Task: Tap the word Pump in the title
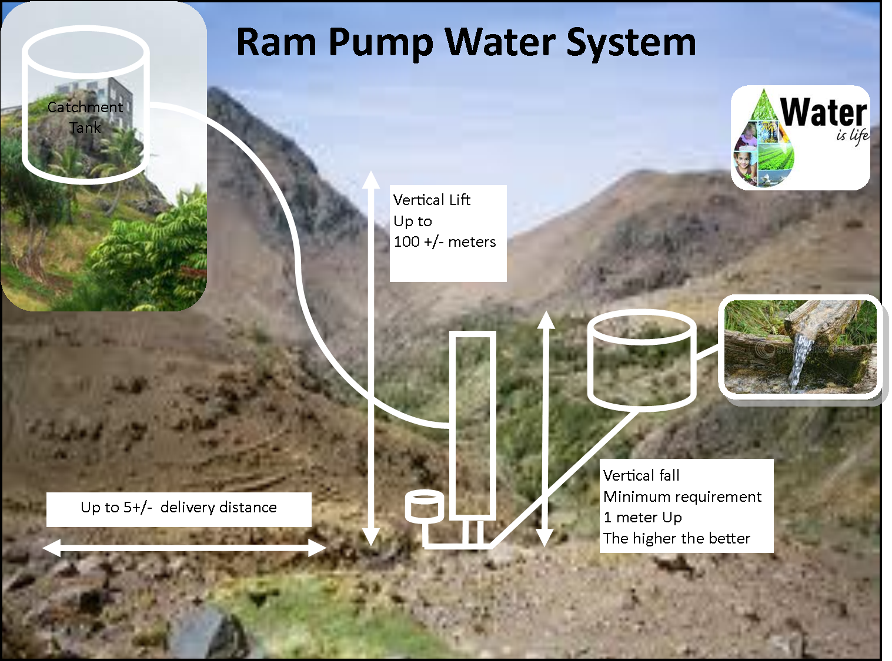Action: point(380,42)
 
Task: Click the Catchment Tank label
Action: point(85,117)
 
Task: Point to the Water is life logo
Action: point(800,138)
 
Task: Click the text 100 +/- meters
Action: point(445,242)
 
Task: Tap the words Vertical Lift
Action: point(432,200)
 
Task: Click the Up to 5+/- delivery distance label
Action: point(179,508)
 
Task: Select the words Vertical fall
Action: point(641,475)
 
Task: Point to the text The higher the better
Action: point(677,539)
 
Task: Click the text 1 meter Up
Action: point(642,518)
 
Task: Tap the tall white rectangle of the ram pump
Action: point(472,426)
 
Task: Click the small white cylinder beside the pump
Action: point(423,507)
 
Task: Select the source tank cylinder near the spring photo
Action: point(642,360)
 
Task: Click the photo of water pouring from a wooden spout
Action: point(800,347)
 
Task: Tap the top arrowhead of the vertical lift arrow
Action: point(371,179)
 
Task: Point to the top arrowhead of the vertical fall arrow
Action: point(546,318)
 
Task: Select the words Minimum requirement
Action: point(682,497)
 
